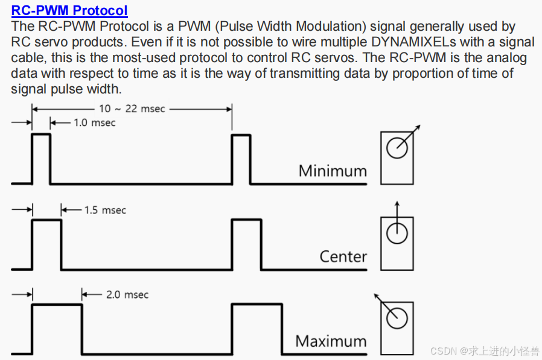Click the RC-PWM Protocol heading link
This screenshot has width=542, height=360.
pos(69,10)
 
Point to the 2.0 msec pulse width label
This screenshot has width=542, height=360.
pos(127,295)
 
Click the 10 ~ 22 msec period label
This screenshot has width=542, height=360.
pos(132,109)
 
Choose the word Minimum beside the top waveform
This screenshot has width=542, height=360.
pos(333,171)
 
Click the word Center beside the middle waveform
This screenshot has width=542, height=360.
pos(343,257)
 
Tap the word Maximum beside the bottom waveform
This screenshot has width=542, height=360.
pos(331,341)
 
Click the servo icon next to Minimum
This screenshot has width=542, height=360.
pos(397,158)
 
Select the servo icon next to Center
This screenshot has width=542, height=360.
pos(397,241)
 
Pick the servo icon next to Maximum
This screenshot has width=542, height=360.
pos(397,326)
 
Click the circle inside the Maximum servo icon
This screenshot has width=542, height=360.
pos(397,318)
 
